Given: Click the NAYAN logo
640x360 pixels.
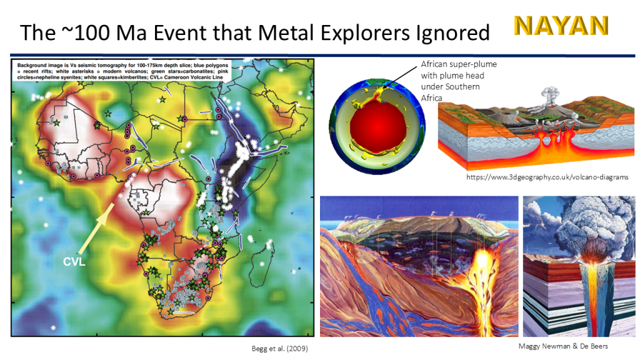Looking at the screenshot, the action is [x=561, y=26].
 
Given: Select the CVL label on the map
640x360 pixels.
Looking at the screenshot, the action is [x=74, y=262].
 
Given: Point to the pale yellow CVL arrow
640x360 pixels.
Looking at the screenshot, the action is [x=96, y=229].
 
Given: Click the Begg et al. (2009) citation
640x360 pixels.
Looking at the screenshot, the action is [x=279, y=349].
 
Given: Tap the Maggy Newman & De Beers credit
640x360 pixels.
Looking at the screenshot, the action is [x=563, y=346].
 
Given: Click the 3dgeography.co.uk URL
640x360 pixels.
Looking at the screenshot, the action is [x=547, y=177].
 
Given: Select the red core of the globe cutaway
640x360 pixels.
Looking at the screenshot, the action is [x=378, y=126].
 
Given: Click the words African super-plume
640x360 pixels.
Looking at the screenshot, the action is [x=459, y=64].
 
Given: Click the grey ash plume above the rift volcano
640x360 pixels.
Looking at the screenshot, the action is [x=551, y=96].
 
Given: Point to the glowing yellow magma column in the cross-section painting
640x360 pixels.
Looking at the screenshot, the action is [x=482, y=286].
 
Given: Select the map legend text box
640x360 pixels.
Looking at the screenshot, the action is [x=122, y=71].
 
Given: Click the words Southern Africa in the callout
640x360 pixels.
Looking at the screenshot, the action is [x=451, y=92].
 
